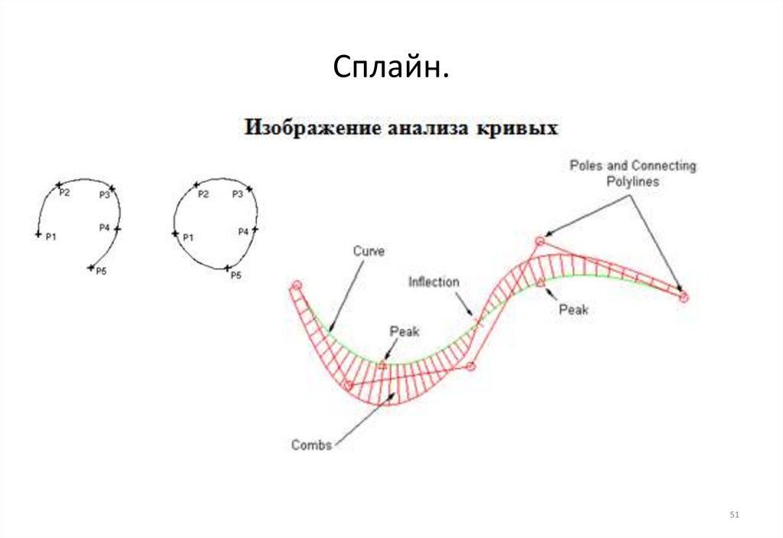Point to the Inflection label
[x=434, y=282]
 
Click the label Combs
[x=311, y=445]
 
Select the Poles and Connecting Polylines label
[x=632, y=174]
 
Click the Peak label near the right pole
[x=573, y=310]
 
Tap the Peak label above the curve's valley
[x=404, y=331]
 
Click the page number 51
[x=735, y=515]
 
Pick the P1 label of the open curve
[x=51, y=237]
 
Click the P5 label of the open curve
[x=100, y=272]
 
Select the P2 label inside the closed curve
[x=203, y=194]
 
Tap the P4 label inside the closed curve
[x=243, y=231]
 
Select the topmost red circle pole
[x=539, y=242]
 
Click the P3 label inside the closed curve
[x=238, y=194]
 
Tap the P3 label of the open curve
[x=105, y=195]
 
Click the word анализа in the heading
[x=424, y=127]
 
